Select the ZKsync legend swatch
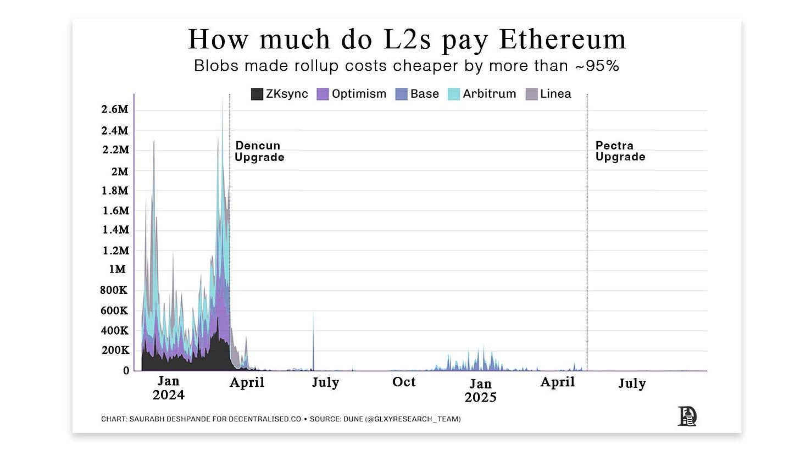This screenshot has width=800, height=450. tap(257, 94)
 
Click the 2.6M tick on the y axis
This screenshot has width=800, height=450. tap(115, 109)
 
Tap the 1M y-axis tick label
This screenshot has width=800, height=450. tap(117, 269)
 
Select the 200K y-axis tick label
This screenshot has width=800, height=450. tap(115, 350)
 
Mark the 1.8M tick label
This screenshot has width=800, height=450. tap(115, 191)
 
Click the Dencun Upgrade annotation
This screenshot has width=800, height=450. tap(259, 151)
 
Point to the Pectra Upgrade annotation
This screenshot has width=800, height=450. tap(620, 151)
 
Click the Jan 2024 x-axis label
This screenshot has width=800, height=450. tap(168, 388)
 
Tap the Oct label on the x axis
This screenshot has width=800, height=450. tap(404, 382)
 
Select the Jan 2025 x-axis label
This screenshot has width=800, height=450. tap(480, 390)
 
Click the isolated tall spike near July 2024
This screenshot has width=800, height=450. tap(313, 341)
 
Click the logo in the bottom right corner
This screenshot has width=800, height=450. tap(687, 416)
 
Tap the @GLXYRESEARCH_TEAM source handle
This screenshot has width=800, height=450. tap(414, 419)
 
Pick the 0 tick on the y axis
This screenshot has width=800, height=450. tap(126, 370)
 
